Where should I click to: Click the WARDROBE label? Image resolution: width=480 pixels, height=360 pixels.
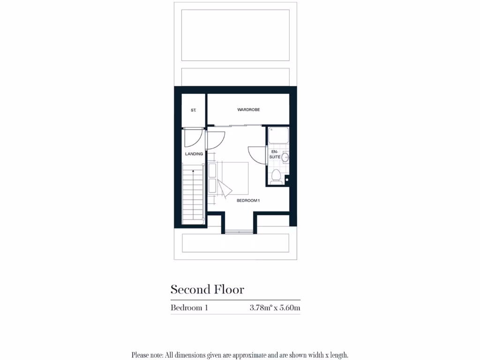tap(248, 110)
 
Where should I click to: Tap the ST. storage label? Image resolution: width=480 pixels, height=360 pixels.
tap(193, 110)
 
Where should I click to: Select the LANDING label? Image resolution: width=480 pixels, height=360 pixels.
tap(194, 154)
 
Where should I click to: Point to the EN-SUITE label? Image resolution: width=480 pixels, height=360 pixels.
tap(275, 154)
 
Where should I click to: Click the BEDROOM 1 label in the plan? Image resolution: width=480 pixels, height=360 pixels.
tap(248, 201)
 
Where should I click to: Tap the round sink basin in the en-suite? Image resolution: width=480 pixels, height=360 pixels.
tap(285, 157)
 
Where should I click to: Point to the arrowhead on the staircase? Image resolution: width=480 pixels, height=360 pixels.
tap(193, 172)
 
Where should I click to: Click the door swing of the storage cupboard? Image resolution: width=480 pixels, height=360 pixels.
tap(192, 137)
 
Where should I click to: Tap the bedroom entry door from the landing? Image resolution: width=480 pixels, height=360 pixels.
tap(215, 140)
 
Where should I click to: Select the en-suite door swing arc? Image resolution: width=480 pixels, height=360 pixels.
tap(256, 154)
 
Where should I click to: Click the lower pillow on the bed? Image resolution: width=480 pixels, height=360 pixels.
tap(212, 186)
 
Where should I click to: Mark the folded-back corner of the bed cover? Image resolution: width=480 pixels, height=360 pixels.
tap(226, 188)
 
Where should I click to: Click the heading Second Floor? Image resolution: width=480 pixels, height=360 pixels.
tap(207, 289)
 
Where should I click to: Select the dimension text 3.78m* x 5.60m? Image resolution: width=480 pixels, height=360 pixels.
tap(275, 308)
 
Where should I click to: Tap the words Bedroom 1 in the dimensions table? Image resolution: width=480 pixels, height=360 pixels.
tap(189, 308)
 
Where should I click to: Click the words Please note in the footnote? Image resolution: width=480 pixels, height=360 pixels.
tap(147, 355)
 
